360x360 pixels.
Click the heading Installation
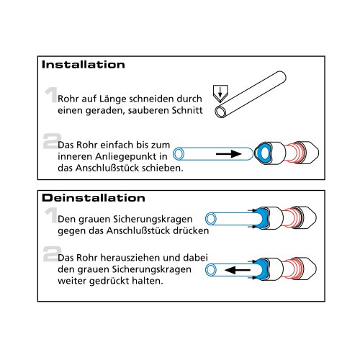pos(83,64)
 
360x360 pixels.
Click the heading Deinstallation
pos(94,197)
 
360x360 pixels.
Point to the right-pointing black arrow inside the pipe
pos(228,154)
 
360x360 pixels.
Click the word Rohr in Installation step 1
pos(70,99)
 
